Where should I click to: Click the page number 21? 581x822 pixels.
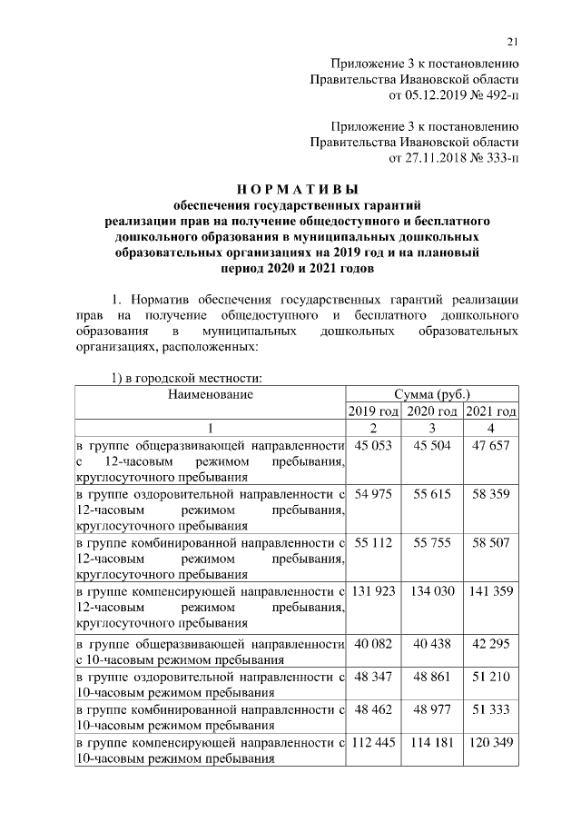[x=513, y=40]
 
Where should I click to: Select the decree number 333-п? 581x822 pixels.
[x=497, y=159]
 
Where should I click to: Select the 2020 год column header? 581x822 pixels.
[x=432, y=411]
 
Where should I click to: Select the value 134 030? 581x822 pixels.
[x=432, y=591]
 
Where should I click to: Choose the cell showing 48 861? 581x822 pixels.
[x=432, y=678]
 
